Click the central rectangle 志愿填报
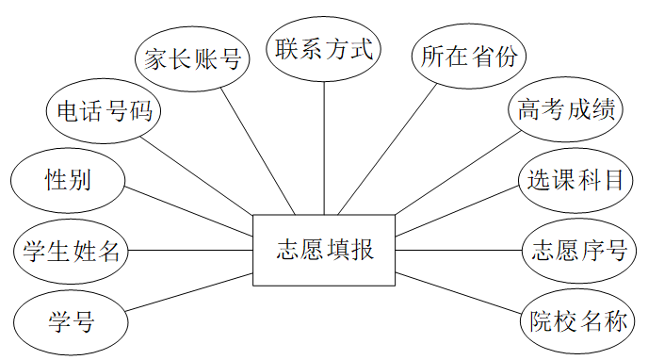tap(324, 250)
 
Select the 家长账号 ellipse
tap(192, 58)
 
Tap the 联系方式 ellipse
tap(324, 49)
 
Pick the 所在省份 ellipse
tap(469, 56)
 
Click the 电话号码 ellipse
tap(104, 111)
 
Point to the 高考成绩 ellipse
tap(565, 109)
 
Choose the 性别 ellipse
tap(68, 181)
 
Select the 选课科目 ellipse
tap(575, 180)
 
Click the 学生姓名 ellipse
tap(71, 252)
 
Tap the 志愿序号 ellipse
tap(579, 251)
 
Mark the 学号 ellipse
tap(71, 322)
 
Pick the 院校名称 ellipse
tap(577, 321)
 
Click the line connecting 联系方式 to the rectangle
tap(324, 148)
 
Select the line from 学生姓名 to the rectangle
tap(190, 250)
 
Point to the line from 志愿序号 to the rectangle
tap(459, 250)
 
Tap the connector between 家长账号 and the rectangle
tap(258, 152)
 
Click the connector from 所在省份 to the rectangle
tap(387, 149)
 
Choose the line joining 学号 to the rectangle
tap(189, 292)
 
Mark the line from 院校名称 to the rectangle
tap(459, 293)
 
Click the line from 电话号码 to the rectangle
tap(196, 175)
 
